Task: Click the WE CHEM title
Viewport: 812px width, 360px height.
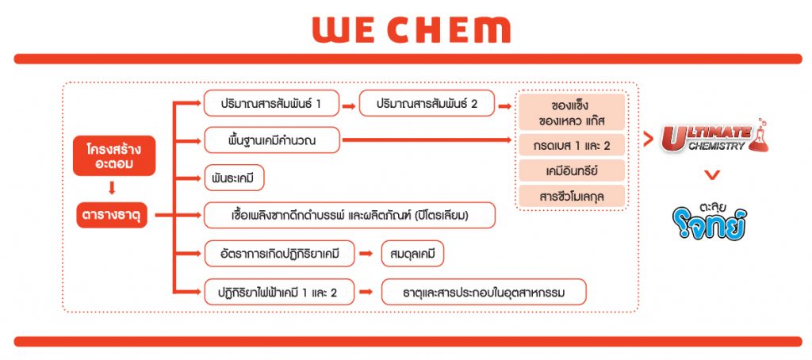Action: (x=412, y=30)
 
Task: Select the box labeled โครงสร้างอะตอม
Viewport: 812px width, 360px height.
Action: (x=114, y=156)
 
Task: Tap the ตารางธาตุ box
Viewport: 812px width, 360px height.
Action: (x=112, y=215)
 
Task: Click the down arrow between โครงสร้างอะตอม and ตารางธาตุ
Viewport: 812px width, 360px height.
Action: (x=112, y=187)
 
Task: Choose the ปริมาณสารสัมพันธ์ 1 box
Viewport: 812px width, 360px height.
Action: (x=271, y=103)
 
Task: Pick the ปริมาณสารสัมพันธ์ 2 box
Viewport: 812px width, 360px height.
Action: (x=427, y=103)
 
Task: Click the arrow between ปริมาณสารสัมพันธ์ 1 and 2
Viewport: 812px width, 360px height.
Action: (x=349, y=106)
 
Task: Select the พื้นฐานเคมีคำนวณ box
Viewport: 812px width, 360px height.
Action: (x=272, y=140)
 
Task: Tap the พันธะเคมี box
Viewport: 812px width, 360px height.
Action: (x=234, y=178)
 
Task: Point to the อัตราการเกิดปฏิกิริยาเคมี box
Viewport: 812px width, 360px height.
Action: (x=279, y=254)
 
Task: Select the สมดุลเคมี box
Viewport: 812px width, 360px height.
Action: (x=412, y=254)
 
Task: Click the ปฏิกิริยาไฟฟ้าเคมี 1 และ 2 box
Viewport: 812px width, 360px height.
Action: (x=279, y=292)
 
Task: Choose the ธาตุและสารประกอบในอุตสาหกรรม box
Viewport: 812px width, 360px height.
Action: (x=484, y=292)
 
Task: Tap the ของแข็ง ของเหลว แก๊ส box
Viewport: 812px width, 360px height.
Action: (x=572, y=113)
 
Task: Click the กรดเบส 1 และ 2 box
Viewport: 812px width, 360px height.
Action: (x=572, y=146)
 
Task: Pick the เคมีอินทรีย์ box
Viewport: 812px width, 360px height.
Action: (x=572, y=170)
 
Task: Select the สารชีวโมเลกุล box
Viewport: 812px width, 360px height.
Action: (x=572, y=197)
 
